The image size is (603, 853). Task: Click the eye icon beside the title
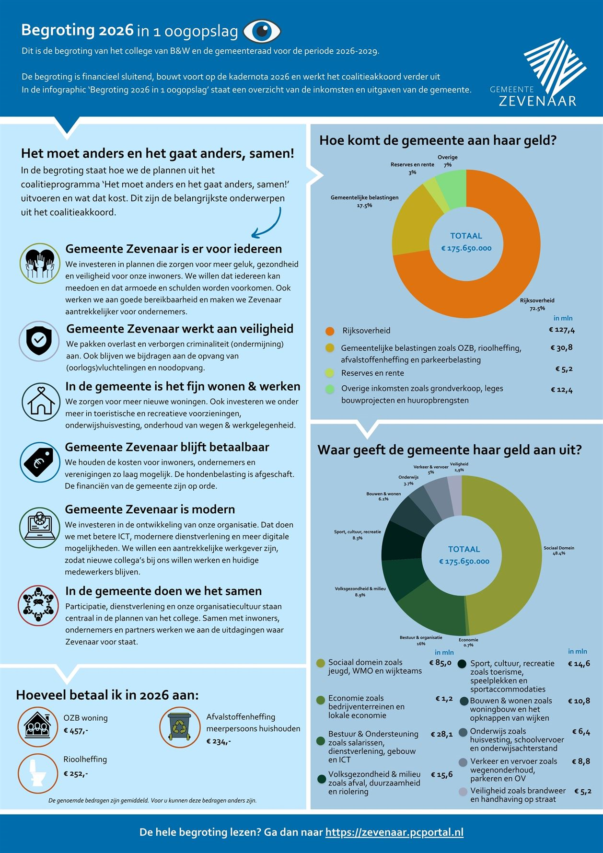[x=262, y=31]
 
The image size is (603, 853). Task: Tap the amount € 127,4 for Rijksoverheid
[x=562, y=330]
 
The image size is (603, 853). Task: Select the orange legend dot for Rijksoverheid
[x=330, y=331]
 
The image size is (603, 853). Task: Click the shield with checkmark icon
[x=39, y=341]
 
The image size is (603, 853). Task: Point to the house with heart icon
[x=41, y=402]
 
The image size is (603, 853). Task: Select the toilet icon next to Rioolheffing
[x=38, y=773]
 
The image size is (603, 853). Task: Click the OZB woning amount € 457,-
[x=76, y=731]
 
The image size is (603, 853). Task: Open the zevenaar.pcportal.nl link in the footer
[x=394, y=832]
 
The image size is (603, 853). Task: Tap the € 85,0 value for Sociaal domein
[x=440, y=663]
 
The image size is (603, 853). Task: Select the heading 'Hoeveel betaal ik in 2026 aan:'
[x=107, y=695]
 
